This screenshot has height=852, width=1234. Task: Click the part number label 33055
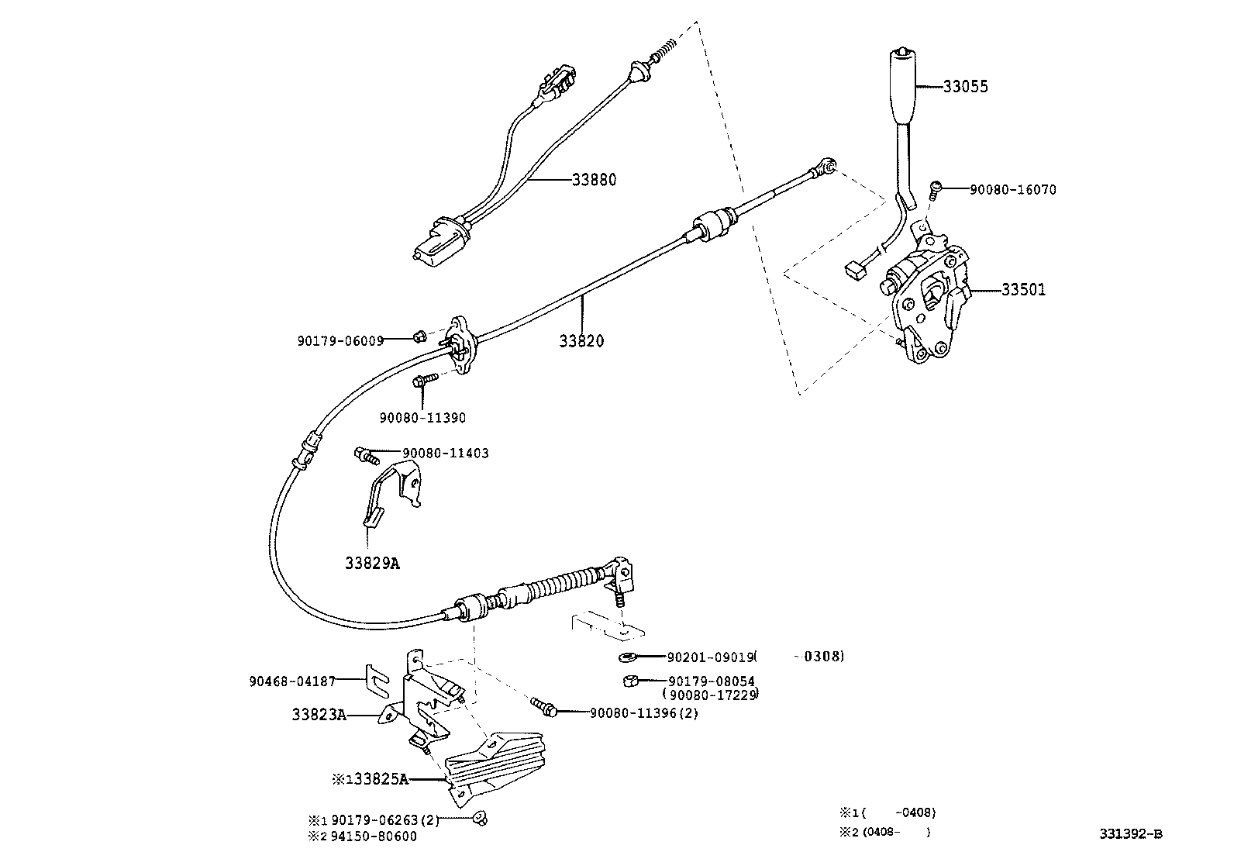click(x=965, y=86)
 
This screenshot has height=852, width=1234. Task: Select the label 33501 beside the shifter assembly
click(x=1023, y=290)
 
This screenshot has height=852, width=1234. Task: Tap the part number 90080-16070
click(x=1012, y=189)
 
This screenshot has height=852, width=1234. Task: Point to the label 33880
click(x=594, y=180)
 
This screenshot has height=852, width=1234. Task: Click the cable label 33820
click(x=582, y=340)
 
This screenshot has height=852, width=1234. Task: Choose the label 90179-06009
click(x=340, y=340)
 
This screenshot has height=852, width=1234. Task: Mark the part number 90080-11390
click(x=422, y=418)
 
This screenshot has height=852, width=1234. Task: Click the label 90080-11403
click(x=445, y=453)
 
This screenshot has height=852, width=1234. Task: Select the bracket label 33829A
click(x=372, y=564)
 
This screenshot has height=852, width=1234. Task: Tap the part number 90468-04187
click(x=292, y=681)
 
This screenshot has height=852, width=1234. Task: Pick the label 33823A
click(x=319, y=715)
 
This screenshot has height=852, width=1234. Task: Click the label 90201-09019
click(x=710, y=657)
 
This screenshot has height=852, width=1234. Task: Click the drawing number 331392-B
click(x=1130, y=834)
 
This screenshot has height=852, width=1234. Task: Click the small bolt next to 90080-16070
click(x=935, y=188)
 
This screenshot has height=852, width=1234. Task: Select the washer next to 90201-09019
click(x=626, y=658)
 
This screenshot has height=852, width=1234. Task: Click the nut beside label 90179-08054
click(x=630, y=681)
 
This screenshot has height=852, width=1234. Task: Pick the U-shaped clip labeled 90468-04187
click(x=377, y=680)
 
